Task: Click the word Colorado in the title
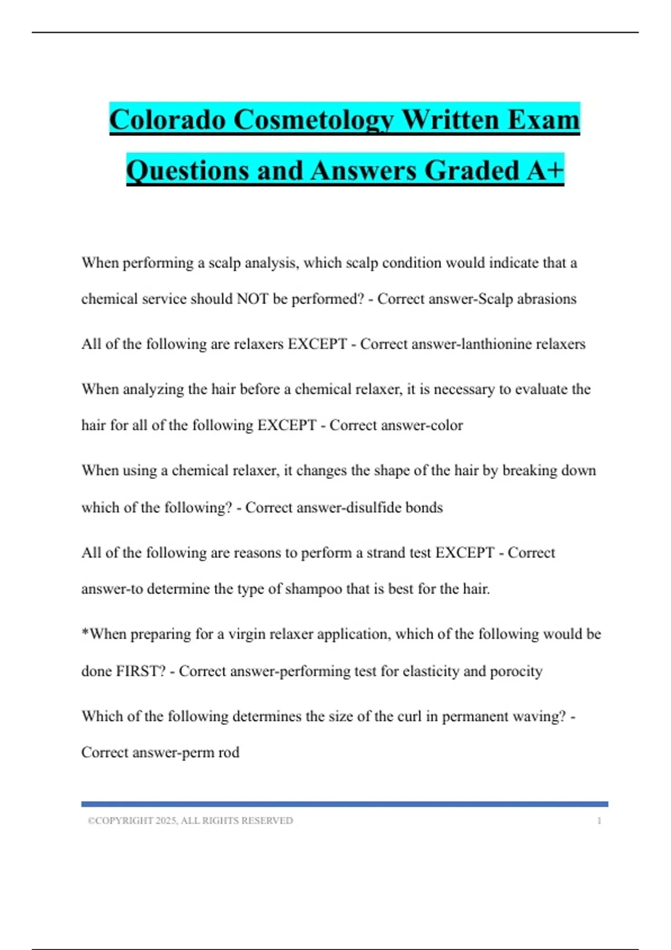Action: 167,120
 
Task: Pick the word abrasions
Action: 546,299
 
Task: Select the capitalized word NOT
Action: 253,299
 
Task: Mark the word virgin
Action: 246,634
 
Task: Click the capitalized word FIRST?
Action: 140,671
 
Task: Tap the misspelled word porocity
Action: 516,671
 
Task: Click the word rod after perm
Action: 229,753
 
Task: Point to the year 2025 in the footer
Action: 166,820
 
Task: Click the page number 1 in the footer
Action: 599,820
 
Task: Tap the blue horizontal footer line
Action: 344,804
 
